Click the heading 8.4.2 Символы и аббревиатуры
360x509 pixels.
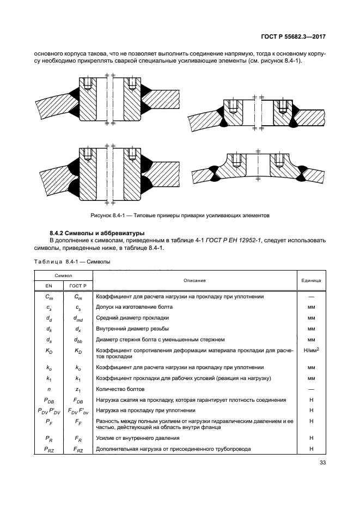(94, 234)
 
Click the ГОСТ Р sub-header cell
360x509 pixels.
(78, 285)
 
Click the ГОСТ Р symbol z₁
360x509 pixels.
(78, 389)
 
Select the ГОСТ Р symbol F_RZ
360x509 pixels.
(78, 448)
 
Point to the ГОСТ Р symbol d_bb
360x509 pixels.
(78, 340)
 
